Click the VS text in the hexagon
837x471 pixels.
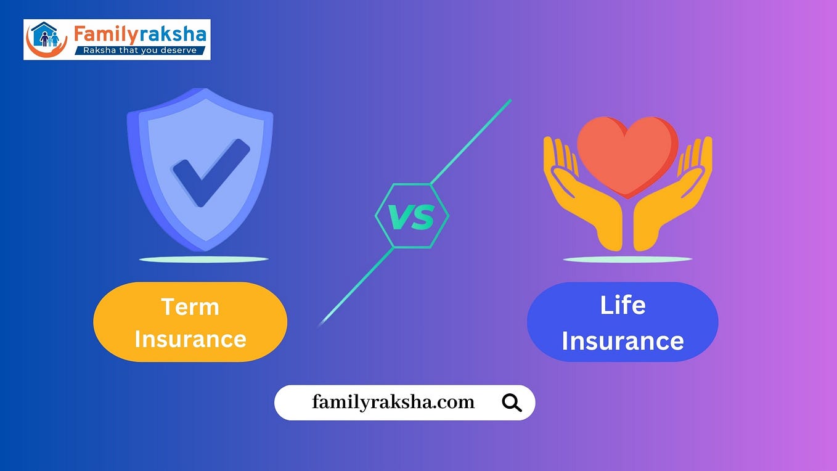click(x=412, y=216)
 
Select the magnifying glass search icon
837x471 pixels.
click(x=512, y=403)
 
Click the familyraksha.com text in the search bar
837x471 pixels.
click(x=393, y=403)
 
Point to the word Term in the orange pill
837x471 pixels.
click(x=190, y=306)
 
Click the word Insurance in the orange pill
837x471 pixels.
click(x=190, y=338)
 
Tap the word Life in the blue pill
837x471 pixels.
click(x=623, y=305)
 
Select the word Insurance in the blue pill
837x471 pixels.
click(x=623, y=341)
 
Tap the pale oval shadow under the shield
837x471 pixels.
click(x=203, y=260)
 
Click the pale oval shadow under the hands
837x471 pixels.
click(x=627, y=260)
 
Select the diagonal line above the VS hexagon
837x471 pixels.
click(x=472, y=141)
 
